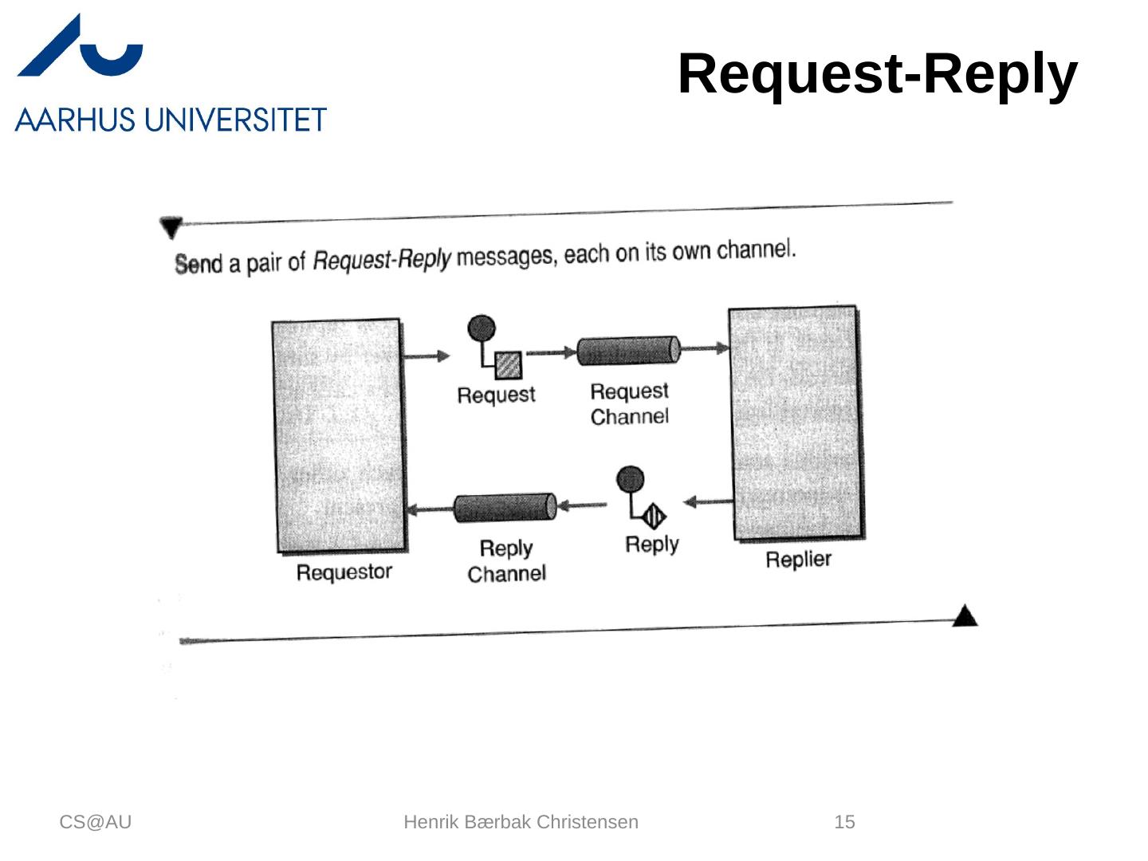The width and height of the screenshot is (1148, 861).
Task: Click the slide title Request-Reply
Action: (x=877, y=74)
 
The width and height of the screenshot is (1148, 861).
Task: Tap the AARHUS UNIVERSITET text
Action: (x=171, y=120)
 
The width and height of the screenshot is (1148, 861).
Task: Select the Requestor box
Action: (x=339, y=434)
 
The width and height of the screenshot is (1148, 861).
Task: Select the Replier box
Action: (x=796, y=423)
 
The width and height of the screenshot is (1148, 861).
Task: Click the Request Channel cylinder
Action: (x=628, y=351)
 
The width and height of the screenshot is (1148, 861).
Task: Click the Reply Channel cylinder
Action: (x=505, y=508)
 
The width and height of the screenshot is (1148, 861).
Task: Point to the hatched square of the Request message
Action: (x=509, y=366)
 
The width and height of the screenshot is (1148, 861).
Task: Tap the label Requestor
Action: (x=344, y=572)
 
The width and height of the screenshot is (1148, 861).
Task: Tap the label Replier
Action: (x=798, y=560)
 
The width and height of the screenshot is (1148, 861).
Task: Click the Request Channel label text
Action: (x=629, y=404)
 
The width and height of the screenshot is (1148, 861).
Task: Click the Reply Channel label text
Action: (x=506, y=561)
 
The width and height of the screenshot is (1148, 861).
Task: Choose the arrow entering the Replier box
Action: (x=705, y=348)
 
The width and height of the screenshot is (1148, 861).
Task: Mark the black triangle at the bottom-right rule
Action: (x=965, y=616)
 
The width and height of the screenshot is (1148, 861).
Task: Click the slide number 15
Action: (x=844, y=822)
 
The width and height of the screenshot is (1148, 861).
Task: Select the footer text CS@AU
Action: (x=96, y=822)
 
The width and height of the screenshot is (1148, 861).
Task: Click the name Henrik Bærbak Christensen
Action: (x=521, y=822)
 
